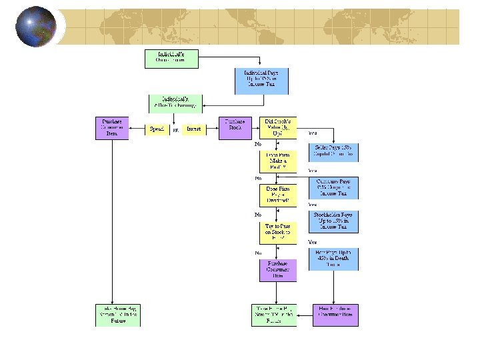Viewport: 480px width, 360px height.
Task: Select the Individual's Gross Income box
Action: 171,58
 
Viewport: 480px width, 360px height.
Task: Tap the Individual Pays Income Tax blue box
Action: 262,81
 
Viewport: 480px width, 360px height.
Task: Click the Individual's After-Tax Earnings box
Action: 175,103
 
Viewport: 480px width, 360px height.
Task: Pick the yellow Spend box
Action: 157,129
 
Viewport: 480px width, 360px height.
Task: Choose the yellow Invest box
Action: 193,129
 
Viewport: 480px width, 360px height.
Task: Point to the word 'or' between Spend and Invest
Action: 175,129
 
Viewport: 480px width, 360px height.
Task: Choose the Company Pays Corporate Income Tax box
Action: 333,187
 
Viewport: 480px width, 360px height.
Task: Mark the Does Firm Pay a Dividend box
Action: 278,195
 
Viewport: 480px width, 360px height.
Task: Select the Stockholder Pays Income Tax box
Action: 333,222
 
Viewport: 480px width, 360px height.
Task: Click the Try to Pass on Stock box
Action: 278,233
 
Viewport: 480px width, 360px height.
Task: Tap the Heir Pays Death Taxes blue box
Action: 333,259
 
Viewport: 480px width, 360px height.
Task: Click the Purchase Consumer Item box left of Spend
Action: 112,128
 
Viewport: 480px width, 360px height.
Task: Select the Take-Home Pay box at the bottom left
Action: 118,315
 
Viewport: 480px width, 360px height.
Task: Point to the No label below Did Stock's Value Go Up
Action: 258,144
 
